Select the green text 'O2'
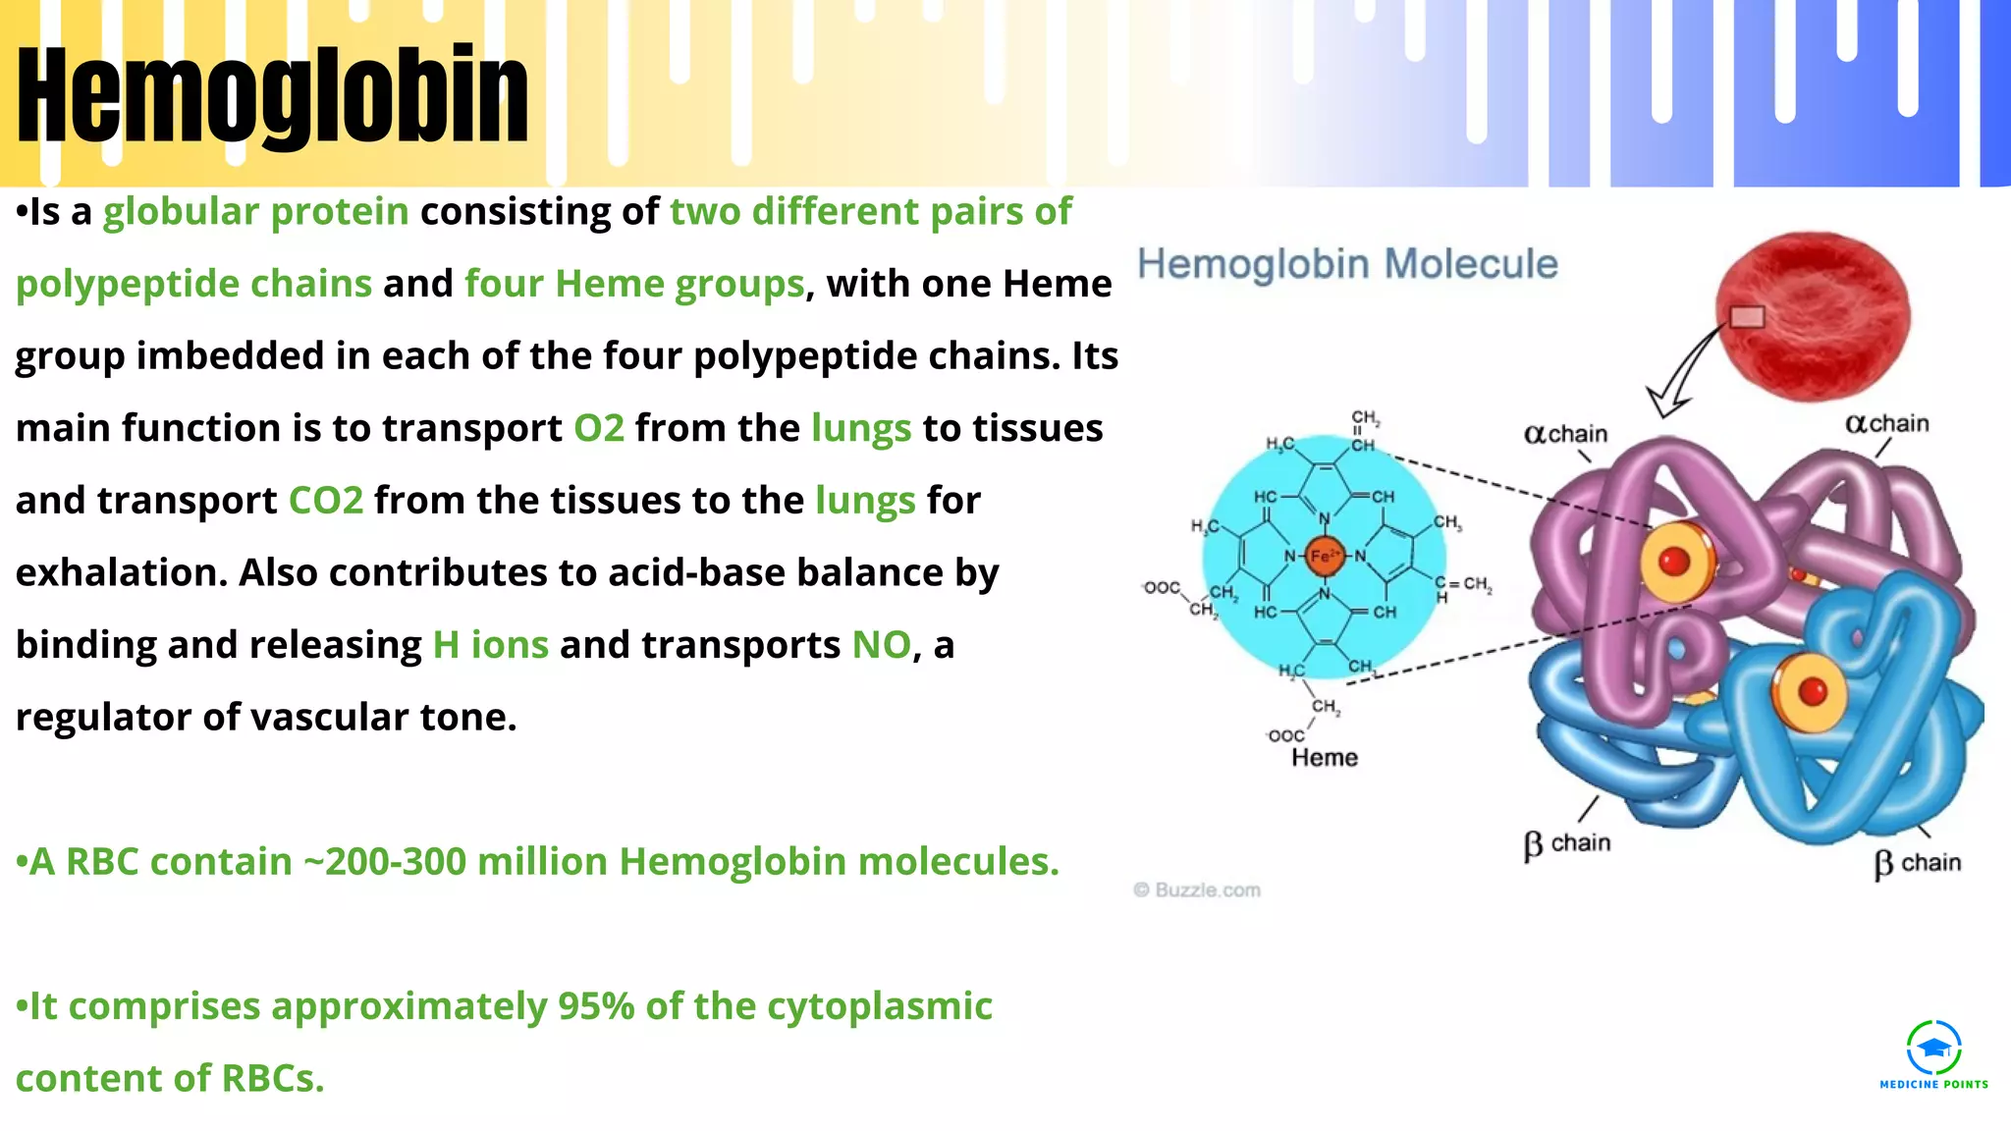(x=599, y=429)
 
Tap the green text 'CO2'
(x=326, y=501)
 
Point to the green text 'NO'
(x=881, y=645)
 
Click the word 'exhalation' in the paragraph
(x=121, y=572)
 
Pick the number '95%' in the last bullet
(x=596, y=1006)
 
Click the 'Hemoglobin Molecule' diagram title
(x=1347, y=264)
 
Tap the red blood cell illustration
(x=1813, y=316)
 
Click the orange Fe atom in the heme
(x=1324, y=557)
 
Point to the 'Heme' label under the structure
(x=1325, y=758)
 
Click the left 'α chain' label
(x=1566, y=434)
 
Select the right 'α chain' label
(x=1887, y=424)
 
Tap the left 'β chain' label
(x=1567, y=843)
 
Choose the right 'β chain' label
(x=1918, y=863)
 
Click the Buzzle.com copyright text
(x=1197, y=890)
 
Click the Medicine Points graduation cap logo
(x=1933, y=1049)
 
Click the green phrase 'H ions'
(x=491, y=645)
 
